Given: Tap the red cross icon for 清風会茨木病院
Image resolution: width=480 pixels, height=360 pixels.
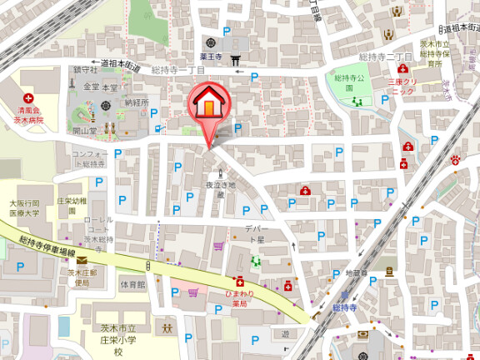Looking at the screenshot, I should tap(27, 98).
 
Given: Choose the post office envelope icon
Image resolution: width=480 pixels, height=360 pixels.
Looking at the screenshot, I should tap(82, 262).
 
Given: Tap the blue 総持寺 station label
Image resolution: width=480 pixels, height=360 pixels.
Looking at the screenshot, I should tap(345, 308).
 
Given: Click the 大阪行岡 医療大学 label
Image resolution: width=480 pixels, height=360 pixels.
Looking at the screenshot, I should tap(26, 207).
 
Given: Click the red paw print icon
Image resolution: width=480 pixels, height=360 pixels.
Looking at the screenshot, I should tap(455, 159).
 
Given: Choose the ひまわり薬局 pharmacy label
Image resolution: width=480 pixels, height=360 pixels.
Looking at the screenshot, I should tap(239, 298).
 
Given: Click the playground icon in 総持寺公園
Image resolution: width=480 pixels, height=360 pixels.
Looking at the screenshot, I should tap(358, 100).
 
